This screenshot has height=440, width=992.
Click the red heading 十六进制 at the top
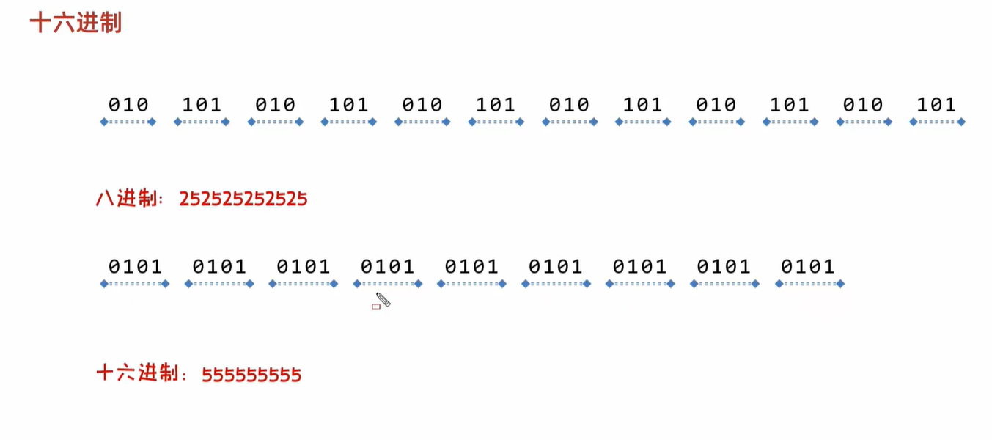coord(76,23)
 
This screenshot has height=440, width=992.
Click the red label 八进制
coord(126,198)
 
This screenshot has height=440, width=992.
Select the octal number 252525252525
coord(243,199)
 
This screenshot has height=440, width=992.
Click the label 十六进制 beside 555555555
coord(138,374)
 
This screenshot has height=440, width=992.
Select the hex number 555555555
coord(251,375)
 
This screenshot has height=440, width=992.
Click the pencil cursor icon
coord(383,299)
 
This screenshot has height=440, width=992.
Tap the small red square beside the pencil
coord(376,307)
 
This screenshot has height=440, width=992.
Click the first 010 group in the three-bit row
coord(128,105)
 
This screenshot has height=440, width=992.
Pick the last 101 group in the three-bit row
coord(936,105)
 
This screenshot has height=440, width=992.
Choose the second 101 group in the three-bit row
coord(348,105)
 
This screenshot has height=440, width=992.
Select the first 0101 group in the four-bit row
coord(136,266)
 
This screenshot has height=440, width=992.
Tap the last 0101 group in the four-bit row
coord(807,266)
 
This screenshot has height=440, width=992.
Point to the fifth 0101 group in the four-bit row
coord(471,266)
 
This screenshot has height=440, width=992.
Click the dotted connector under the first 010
coord(128,122)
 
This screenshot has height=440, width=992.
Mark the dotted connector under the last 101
coord(937,122)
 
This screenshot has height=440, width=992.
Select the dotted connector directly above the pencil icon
coord(388,284)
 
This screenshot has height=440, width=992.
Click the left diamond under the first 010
coord(104,122)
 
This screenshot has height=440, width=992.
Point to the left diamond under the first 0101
coord(104,284)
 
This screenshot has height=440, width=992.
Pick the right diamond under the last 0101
coord(840,284)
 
